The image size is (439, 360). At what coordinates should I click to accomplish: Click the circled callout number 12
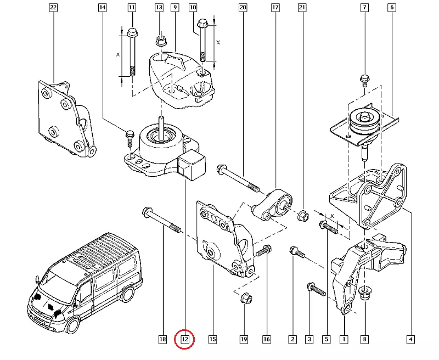tap(185, 340)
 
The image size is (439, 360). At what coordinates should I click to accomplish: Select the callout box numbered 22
tap(53, 8)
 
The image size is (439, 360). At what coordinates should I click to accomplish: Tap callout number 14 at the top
tap(102, 8)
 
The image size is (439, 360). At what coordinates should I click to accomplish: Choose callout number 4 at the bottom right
tap(410, 340)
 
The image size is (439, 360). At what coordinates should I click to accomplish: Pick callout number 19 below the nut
tap(243, 340)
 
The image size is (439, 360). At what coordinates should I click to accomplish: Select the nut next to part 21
tap(302, 215)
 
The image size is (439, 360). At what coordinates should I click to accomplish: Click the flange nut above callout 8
tap(365, 294)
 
